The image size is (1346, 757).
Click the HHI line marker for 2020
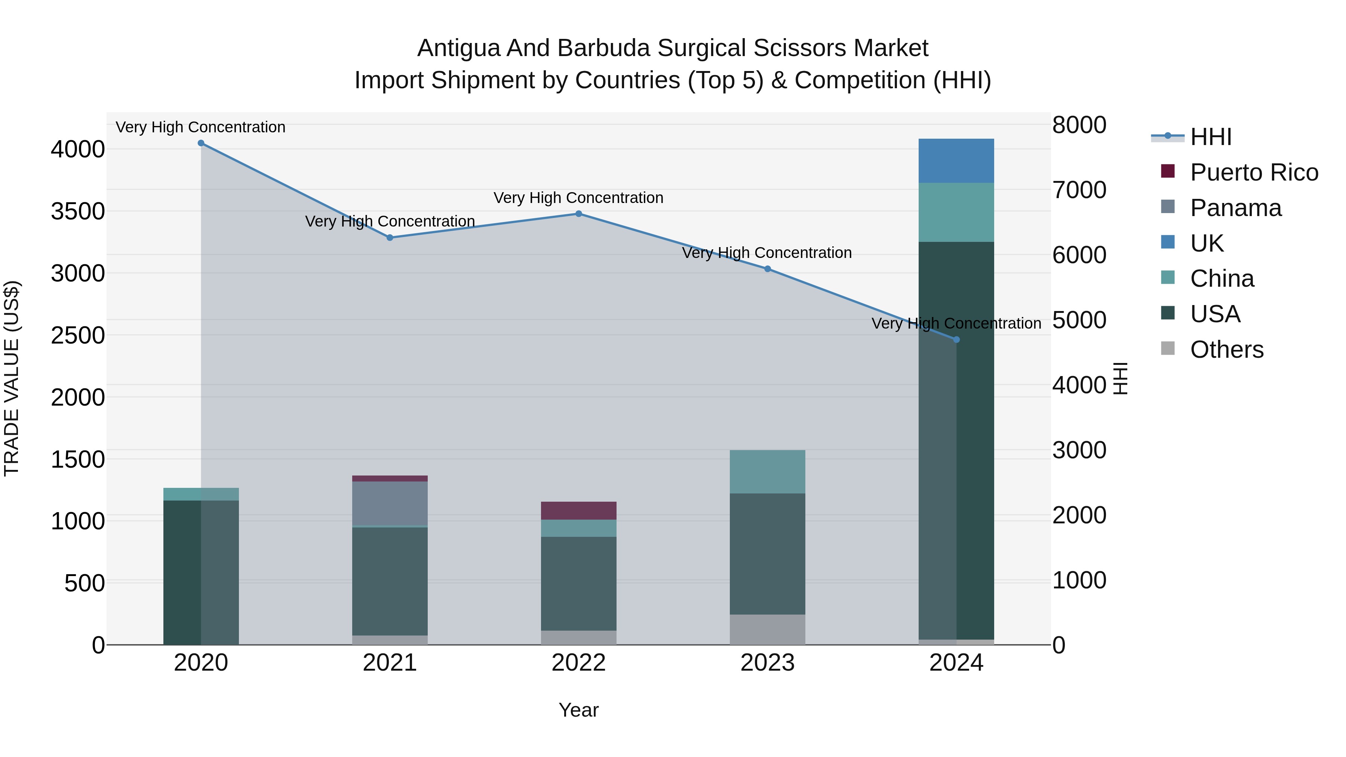(201, 143)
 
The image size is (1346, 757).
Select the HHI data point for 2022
(578, 214)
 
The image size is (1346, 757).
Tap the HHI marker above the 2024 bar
(956, 339)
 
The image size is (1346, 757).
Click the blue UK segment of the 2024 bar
(956, 161)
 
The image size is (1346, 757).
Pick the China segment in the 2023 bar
(767, 472)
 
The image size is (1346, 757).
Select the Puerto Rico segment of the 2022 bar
(578, 510)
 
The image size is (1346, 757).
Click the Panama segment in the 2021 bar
(390, 503)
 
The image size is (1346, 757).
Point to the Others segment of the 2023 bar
(767, 629)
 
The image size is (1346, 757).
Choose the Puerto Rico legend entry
(1254, 172)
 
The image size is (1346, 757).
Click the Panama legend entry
(1235, 208)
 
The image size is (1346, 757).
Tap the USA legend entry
(1215, 314)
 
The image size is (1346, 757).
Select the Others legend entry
(1226, 350)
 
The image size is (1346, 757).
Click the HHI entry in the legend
(1211, 137)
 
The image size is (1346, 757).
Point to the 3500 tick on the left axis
(78, 212)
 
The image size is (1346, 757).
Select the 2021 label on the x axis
(390, 663)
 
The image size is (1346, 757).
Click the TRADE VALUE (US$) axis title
(12, 378)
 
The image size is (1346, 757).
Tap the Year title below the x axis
(578, 710)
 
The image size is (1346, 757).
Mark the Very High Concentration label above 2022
(578, 198)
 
